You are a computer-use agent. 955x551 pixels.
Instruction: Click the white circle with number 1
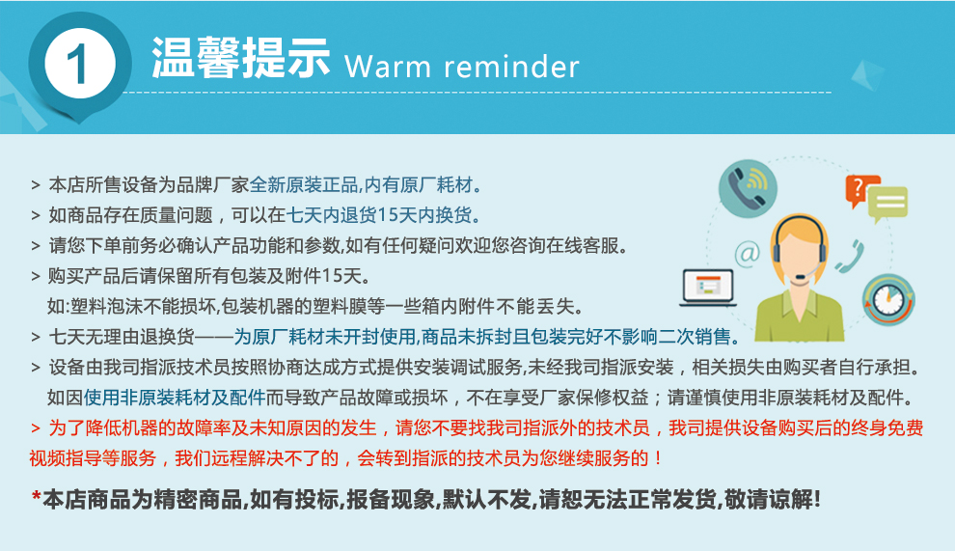[x=80, y=63]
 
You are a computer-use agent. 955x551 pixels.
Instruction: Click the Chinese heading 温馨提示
[x=240, y=58]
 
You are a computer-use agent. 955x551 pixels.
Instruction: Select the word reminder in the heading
[x=511, y=67]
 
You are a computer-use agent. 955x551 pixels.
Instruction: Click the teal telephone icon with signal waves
[x=748, y=188]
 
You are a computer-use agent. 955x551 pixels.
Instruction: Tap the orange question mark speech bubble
[x=859, y=189]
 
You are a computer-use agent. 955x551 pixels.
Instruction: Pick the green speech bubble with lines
[x=887, y=204]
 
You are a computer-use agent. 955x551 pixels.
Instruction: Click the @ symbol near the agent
[x=748, y=252]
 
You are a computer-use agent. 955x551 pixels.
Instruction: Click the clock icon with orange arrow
[x=888, y=300]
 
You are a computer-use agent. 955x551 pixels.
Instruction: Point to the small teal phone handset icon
[x=850, y=256]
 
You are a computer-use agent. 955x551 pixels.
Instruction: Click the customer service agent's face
[x=799, y=250]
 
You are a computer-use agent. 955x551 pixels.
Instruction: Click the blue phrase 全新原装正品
[x=304, y=184]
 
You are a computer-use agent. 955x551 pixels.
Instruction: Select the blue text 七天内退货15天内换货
[x=379, y=215]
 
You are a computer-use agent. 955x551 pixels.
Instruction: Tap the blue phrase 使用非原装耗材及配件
[x=175, y=398]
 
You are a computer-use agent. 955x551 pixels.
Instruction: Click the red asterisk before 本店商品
[x=36, y=497]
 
